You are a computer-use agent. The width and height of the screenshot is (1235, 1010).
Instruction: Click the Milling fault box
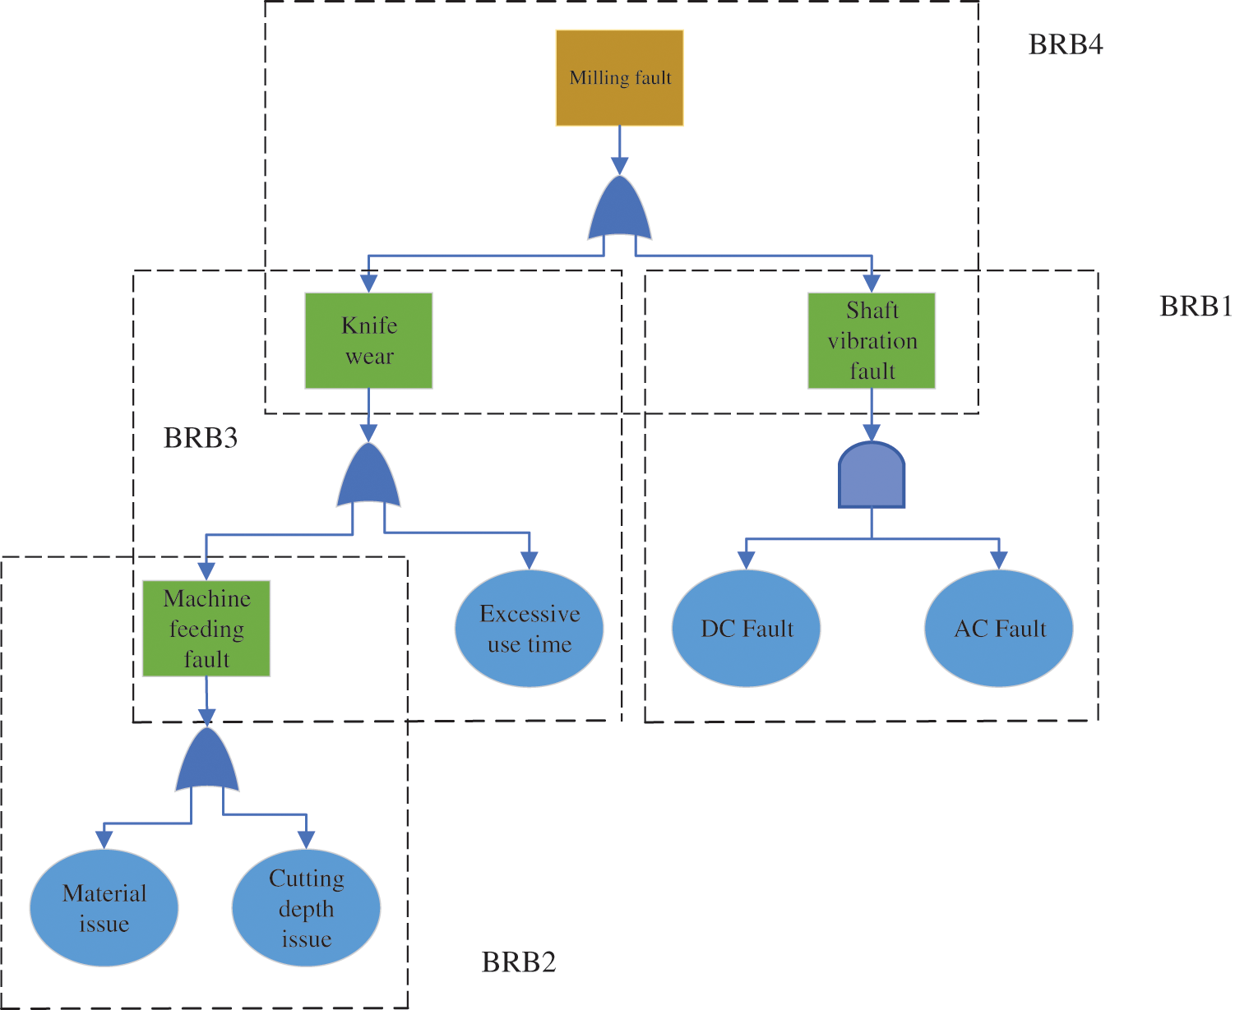click(x=619, y=78)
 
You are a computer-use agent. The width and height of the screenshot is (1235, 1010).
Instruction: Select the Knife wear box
click(x=368, y=340)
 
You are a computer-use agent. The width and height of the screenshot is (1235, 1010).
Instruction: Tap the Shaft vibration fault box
click(x=872, y=340)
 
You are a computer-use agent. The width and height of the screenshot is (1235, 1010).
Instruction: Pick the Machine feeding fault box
click(x=206, y=629)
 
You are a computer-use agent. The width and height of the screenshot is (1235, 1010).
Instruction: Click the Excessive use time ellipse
click(x=529, y=629)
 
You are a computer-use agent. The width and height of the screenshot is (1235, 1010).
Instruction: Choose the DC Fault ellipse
click(x=746, y=629)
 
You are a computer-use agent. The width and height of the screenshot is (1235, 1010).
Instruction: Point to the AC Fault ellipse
click(x=998, y=629)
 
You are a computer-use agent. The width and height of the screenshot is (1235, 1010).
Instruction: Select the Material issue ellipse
click(x=104, y=908)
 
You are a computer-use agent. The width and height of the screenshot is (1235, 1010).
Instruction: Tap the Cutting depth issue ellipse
click(x=306, y=908)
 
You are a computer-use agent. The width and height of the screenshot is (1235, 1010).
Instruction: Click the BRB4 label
click(x=1065, y=44)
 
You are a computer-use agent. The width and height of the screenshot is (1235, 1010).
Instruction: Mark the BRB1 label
click(x=1196, y=307)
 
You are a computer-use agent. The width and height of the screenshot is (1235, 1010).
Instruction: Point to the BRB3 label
click(x=201, y=438)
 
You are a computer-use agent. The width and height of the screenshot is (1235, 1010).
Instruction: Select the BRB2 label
click(x=518, y=962)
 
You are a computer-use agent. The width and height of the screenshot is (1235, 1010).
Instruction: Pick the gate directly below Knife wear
click(x=368, y=477)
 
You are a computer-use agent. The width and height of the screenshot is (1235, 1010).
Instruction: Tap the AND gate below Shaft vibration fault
click(x=872, y=476)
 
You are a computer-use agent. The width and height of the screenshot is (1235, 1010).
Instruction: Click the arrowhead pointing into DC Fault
click(x=746, y=561)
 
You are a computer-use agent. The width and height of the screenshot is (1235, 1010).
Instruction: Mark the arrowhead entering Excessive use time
click(x=529, y=561)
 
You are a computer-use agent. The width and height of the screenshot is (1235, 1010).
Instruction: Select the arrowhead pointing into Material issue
click(x=104, y=840)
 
